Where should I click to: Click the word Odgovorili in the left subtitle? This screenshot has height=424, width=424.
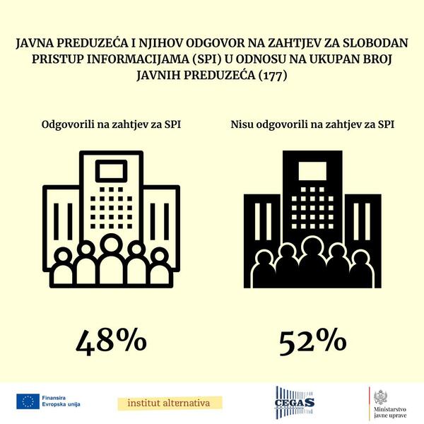(x=69, y=125)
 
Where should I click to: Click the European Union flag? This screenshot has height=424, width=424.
(x=28, y=401)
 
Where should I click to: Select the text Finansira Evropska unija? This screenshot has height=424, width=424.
(x=61, y=401)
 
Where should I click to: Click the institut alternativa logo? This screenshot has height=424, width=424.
(x=169, y=403)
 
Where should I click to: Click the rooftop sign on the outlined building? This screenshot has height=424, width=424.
(x=110, y=170)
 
